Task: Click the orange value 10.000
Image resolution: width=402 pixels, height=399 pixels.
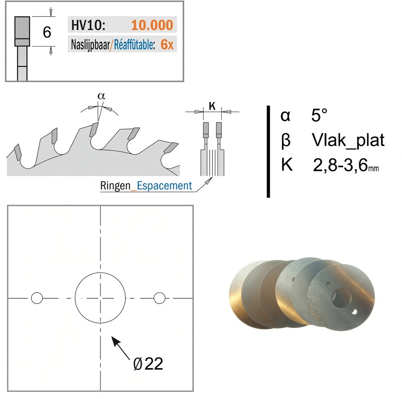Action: (x=152, y=25)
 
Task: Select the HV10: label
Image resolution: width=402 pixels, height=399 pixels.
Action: (x=88, y=25)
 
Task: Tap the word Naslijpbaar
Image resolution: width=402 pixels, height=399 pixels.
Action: (x=90, y=45)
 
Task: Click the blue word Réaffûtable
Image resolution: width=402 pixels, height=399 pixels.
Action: (x=134, y=45)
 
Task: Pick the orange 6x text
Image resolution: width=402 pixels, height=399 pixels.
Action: (x=167, y=45)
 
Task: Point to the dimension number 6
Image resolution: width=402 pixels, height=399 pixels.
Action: (x=47, y=32)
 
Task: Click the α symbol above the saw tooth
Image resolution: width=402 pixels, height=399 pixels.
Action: (x=101, y=96)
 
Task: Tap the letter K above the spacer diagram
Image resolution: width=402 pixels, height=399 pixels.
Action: (x=212, y=106)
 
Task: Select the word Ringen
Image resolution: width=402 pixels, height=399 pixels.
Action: (x=115, y=186)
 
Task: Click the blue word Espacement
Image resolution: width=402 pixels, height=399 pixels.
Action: (x=164, y=185)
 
